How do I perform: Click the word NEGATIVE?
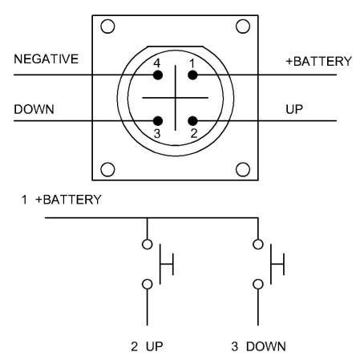point(47,59)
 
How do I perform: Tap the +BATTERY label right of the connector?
point(318,62)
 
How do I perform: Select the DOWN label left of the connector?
point(34,109)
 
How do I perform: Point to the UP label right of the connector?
point(294,109)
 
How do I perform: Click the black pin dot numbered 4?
point(158,75)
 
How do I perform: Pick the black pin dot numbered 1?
point(192,75)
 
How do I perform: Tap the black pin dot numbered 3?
point(158,121)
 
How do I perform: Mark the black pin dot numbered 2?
point(192,121)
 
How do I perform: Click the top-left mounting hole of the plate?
point(107,26)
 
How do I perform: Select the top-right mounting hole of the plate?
point(243,26)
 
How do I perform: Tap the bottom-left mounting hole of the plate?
point(107,169)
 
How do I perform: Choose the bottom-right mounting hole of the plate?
point(243,169)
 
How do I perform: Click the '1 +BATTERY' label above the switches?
point(62,200)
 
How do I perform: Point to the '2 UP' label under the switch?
point(147,346)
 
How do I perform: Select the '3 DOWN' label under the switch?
point(259,346)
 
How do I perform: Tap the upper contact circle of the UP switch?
point(148,245)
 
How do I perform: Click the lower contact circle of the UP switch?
point(148,284)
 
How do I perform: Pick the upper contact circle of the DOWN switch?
point(258,245)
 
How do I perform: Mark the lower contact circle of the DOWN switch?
point(258,284)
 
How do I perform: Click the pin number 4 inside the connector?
point(157,63)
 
